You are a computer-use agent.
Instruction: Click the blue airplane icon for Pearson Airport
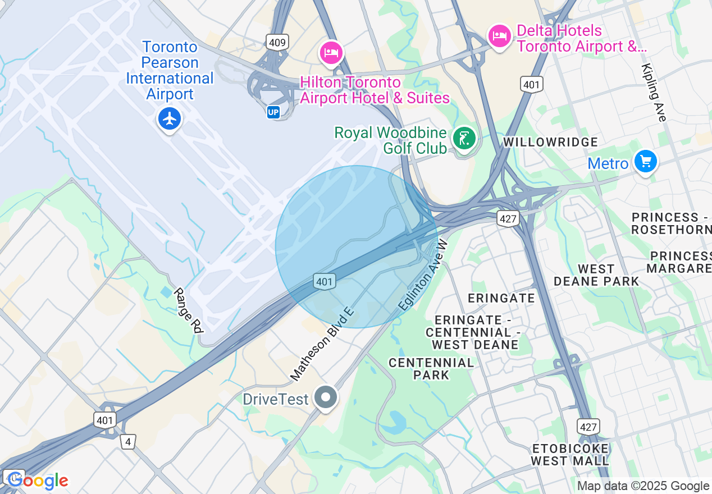tap(169, 119)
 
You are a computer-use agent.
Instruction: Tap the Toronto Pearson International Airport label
tap(170, 70)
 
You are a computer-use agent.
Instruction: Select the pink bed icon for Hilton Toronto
tap(331, 53)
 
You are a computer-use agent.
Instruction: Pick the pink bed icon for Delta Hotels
tap(499, 37)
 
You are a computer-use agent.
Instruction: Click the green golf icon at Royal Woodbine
tap(464, 138)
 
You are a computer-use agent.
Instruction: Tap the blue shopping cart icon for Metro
tap(645, 162)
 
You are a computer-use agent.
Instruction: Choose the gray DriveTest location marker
tap(325, 398)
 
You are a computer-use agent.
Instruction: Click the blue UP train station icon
tap(273, 112)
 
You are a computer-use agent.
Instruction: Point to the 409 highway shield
tap(277, 42)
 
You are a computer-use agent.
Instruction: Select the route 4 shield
tap(128, 442)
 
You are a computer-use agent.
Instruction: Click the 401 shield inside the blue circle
tap(325, 281)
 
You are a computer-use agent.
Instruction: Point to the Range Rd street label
tap(188, 311)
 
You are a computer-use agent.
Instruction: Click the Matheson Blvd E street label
tap(323, 344)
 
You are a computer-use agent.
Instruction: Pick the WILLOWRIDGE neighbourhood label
tap(550, 142)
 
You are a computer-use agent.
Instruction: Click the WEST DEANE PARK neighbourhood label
tap(596, 275)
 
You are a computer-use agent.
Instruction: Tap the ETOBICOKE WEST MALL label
tap(570, 455)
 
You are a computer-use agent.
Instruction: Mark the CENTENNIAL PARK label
tap(431, 369)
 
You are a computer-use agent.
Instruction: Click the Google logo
tap(38, 481)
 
